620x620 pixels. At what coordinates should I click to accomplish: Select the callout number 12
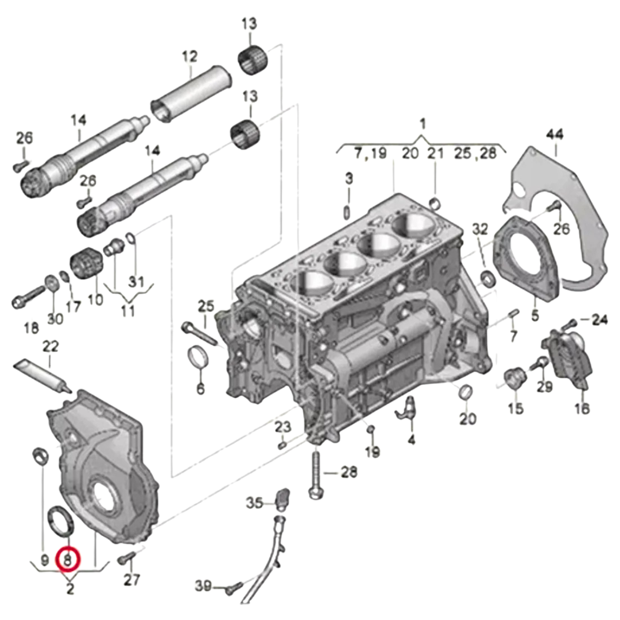190,56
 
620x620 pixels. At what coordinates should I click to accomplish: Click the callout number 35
254,502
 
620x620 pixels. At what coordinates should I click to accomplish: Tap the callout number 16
581,408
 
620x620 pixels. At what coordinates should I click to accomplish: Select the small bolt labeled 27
127,558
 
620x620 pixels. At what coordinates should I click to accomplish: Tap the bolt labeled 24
569,324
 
